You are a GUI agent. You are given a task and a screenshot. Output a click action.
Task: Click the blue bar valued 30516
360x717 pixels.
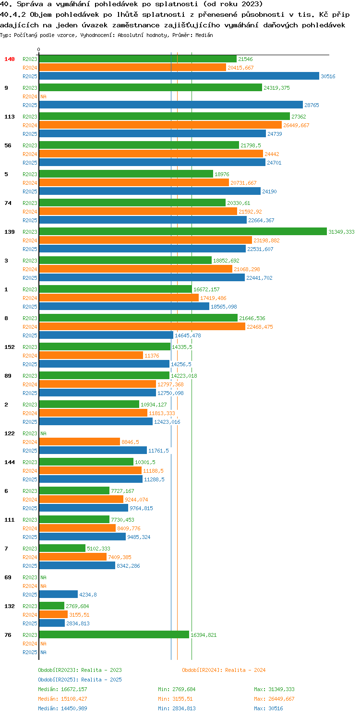179,76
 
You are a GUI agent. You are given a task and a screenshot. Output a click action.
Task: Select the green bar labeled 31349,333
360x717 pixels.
183,232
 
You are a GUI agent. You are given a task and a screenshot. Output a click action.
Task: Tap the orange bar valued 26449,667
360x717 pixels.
160,125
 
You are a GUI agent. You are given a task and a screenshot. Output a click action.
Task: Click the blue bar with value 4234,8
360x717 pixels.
58,595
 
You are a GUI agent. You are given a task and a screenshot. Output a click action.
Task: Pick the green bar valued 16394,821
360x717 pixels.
114,635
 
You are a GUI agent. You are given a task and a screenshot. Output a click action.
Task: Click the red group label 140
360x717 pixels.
9,59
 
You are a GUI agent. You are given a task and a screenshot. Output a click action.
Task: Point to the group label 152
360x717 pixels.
9,347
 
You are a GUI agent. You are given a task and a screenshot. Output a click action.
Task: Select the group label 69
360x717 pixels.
8,577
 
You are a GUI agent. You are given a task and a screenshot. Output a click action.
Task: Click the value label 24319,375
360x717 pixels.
276,88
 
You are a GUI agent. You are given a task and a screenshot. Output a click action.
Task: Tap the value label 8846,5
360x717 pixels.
130,442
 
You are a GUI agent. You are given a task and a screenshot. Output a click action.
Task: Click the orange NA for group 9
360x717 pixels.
43,96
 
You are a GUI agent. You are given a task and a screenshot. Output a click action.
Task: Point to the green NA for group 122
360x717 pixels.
43,433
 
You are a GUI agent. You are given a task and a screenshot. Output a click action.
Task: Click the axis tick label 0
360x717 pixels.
38,49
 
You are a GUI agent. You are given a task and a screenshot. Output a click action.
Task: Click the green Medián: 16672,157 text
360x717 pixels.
62,689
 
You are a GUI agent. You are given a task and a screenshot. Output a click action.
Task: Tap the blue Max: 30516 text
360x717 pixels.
268,708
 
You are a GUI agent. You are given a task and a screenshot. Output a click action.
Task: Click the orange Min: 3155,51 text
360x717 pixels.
175,699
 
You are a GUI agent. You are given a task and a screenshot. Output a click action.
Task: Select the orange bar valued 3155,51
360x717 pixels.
53,615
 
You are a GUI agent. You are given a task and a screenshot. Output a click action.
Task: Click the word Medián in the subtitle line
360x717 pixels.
204,35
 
